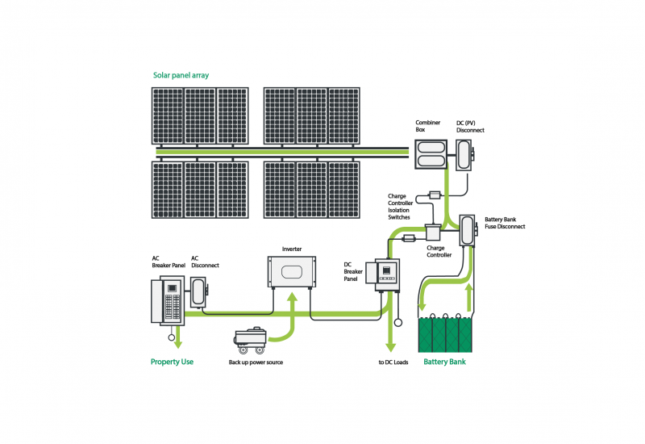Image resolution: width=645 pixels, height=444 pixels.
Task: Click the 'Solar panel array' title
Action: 181,75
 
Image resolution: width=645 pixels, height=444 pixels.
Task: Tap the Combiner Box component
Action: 431,154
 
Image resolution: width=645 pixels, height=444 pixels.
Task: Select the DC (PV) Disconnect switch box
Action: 465,155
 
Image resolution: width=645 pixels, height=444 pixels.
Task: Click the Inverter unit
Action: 292,271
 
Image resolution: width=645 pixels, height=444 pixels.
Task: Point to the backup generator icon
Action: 250,340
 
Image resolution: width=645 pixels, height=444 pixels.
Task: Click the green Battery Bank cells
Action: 445,333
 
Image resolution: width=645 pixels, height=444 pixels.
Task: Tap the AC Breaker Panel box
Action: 168,300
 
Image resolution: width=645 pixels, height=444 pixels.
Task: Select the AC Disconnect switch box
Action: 198,292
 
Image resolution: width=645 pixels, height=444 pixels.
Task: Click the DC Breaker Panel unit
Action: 383,274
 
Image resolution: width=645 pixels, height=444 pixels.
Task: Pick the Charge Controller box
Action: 433,232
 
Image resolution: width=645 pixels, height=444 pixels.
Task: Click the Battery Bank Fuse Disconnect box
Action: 468,230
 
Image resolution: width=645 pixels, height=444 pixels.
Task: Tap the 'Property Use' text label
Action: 172,362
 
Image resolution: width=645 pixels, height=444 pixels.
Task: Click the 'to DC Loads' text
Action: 393,362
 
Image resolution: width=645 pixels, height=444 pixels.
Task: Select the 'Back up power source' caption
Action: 256,362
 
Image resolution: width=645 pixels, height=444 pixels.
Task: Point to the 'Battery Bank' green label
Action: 445,362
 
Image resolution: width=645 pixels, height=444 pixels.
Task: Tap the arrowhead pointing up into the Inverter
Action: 292,298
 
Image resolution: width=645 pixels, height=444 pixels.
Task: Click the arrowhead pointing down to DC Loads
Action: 390,346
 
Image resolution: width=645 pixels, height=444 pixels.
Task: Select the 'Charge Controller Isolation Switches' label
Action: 400,207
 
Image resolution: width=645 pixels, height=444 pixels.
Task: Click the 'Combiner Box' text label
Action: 428,126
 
